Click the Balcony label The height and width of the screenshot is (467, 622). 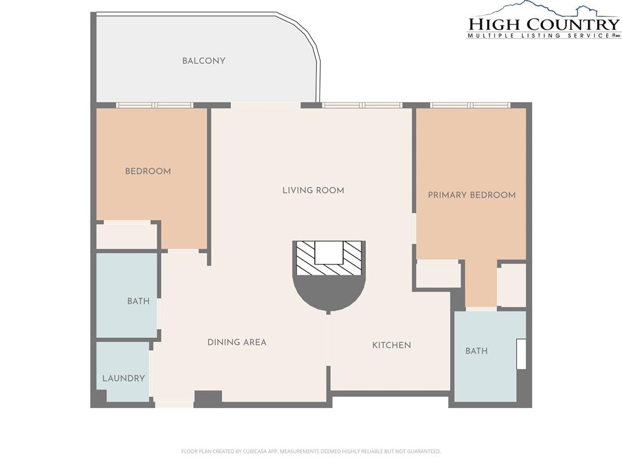point(203,61)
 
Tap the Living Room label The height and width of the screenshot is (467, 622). point(313,190)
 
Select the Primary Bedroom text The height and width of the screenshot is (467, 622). point(471,195)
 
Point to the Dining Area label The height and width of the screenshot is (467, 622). point(237,342)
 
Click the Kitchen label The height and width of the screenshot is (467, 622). point(392,345)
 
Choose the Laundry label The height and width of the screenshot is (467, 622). point(123,378)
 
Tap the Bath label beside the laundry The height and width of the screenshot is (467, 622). point(138,301)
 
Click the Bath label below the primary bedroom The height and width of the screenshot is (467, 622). point(476,351)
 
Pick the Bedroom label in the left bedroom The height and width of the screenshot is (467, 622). point(148,171)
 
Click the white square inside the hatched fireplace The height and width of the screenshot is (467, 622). point(329,252)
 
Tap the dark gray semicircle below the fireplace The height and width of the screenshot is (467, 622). point(329,293)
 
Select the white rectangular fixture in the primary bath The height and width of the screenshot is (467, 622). point(521,354)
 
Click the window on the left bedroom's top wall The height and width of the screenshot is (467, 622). point(154,105)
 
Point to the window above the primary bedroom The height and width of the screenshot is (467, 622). point(470,105)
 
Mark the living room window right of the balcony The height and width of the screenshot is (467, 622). point(362,105)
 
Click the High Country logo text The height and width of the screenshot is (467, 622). point(544,24)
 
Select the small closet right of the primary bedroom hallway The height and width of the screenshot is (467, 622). point(511,285)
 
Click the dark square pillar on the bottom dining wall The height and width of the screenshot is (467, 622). point(208,399)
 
